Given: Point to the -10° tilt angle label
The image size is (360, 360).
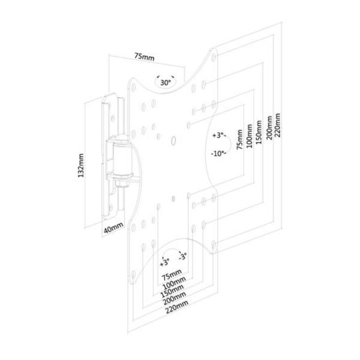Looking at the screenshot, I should (218, 153).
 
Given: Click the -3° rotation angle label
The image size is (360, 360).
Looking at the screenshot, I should (182, 259).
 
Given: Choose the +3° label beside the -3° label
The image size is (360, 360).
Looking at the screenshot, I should (164, 262).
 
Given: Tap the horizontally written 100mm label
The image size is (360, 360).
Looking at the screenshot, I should (173, 282).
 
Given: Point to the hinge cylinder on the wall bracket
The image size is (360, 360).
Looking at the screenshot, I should (120, 158).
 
